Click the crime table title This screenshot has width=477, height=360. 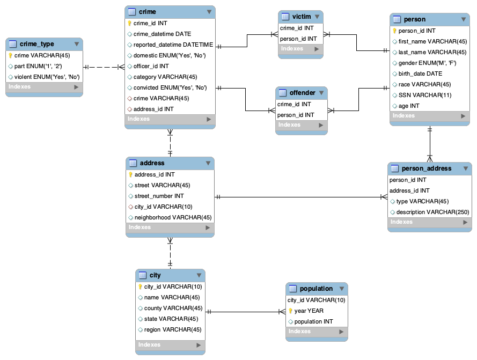(x=148, y=12)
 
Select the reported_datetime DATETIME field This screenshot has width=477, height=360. (x=173, y=45)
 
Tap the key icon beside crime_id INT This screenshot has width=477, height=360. (x=129, y=23)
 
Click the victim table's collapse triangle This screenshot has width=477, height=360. (x=317, y=17)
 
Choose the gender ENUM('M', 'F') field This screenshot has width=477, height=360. (x=427, y=63)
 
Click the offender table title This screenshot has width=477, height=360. (x=302, y=93)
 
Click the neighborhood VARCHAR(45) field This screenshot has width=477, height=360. (x=173, y=217)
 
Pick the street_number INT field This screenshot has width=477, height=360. (x=159, y=196)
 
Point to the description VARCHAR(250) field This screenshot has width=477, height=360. (x=432, y=212)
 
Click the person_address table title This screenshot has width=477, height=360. (x=427, y=168)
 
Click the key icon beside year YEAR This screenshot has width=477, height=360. (x=290, y=311)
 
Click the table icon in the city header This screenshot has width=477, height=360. (x=143, y=275)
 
